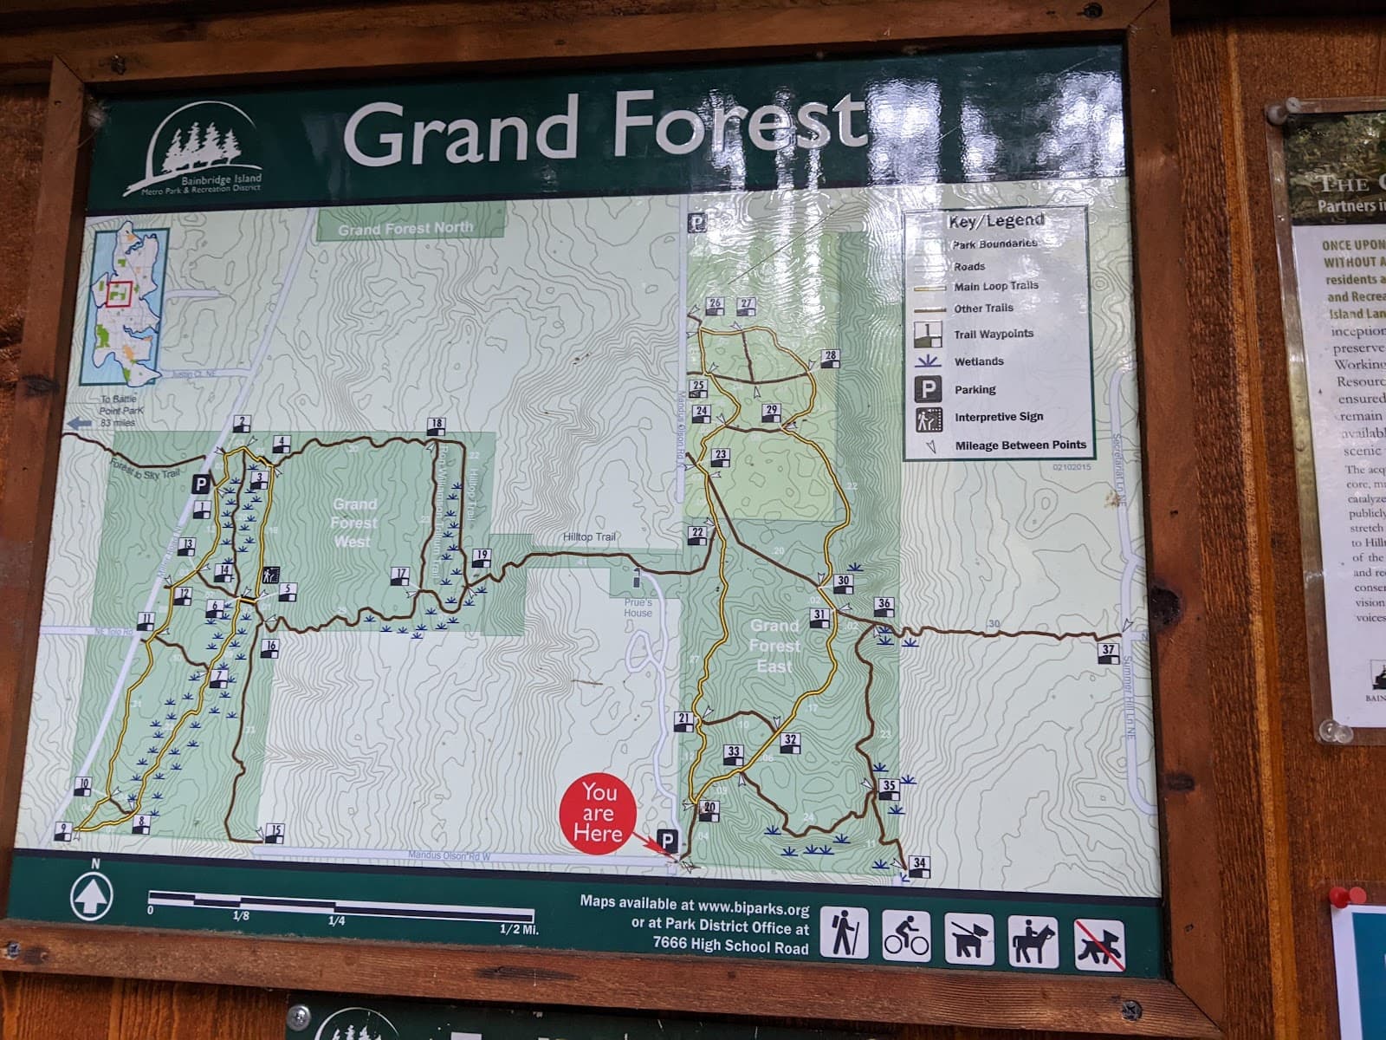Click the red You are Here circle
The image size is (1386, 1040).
pyautogui.click(x=599, y=814)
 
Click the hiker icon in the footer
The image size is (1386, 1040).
pyautogui.click(x=844, y=933)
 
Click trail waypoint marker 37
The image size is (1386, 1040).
pyautogui.click(x=1108, y=653)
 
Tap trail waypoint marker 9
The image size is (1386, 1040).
pyautogui.click(x=63, y=831)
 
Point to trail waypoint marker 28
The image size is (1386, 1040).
pyautogui.click(x=830, y=360)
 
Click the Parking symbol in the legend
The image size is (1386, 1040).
pyautogui.click(x=928, y=389)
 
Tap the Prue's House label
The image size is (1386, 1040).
pyautogui.click(x=638, y=607)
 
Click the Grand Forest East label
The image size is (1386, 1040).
pyautogui.click(x=774, y=646)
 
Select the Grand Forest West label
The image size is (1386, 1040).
pyautogui.click(x=353, y=523)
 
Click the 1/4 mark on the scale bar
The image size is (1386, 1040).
pyautogui.click(x=336, y=920)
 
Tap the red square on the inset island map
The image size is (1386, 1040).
pyautogui.click(x=120, y=293)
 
